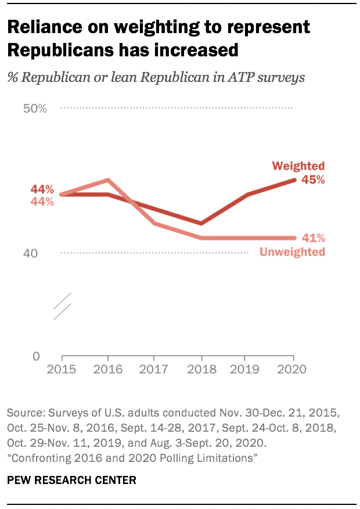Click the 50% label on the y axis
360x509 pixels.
34,109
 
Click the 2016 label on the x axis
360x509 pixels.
108,370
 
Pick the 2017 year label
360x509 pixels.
154,370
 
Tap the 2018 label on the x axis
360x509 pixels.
201,370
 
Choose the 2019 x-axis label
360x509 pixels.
247,370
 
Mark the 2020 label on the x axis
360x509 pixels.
293,370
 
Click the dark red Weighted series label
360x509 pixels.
298,167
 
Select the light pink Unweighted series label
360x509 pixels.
291,252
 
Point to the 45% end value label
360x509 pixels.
313,180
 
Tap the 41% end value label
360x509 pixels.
313,238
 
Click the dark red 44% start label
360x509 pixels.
42,189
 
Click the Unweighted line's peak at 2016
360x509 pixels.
108,180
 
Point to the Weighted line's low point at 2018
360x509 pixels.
201,223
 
